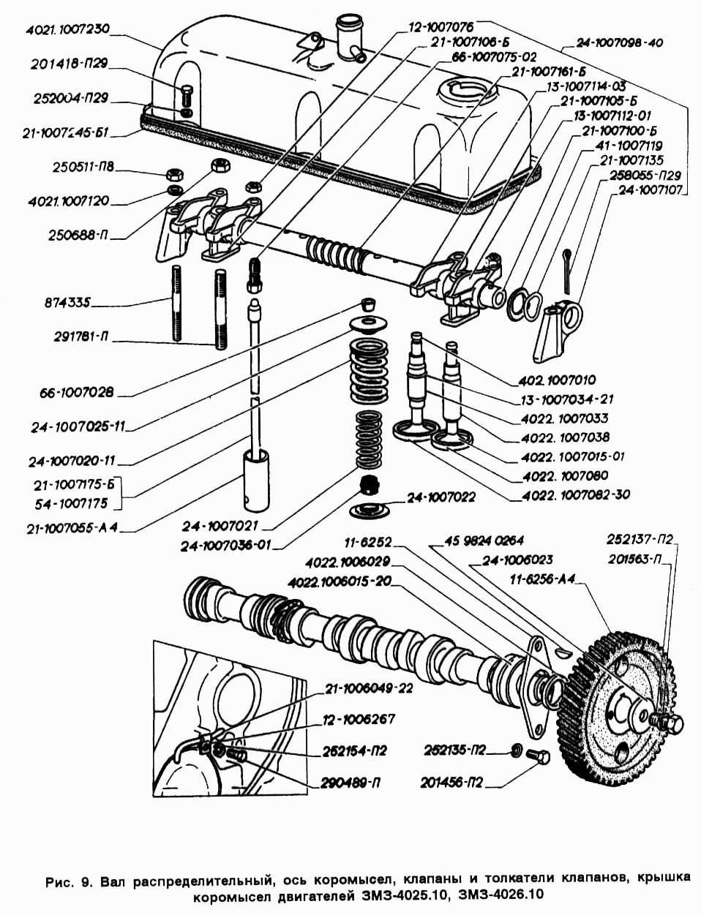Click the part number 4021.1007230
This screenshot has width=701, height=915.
67,30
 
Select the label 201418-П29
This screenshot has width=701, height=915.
69,64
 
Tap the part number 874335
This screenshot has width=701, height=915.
67,303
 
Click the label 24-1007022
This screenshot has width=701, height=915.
441,497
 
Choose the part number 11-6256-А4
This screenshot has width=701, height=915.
543,580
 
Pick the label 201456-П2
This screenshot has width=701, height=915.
451,783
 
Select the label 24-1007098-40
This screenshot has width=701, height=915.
619,42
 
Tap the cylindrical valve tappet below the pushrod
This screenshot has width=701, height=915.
255,478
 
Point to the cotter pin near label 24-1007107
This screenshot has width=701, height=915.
567,271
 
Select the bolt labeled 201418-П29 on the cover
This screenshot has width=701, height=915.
187,97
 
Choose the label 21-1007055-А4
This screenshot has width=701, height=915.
72,529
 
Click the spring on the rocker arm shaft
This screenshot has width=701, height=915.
338,253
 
